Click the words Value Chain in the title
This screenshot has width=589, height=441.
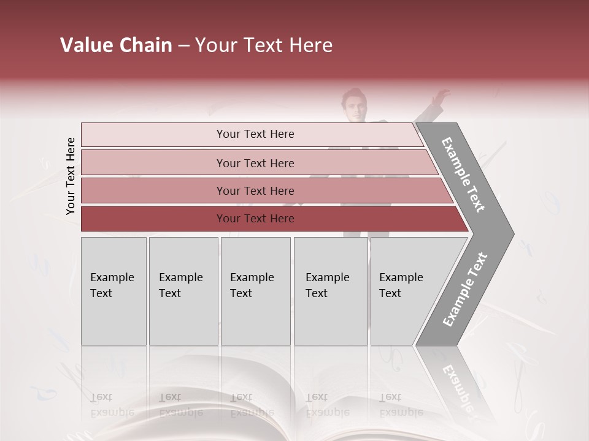116,45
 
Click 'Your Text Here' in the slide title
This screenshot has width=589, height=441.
264,45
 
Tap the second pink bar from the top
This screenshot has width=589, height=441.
255,163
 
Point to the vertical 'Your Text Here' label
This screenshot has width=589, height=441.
71,176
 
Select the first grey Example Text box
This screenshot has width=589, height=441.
114,291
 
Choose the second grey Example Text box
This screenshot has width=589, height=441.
183,291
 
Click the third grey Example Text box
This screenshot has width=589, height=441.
255,291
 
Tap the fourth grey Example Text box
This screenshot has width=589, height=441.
331,291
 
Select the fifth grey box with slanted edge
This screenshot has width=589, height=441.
405,291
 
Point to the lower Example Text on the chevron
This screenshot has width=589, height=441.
465,290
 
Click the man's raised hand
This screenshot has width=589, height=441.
440,96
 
